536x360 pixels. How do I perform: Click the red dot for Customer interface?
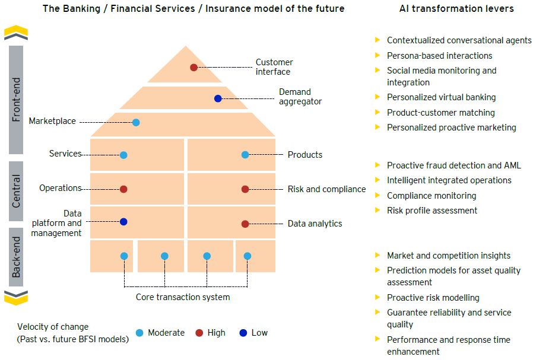pos(194,68)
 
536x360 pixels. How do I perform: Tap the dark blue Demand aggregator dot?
pos(218,98)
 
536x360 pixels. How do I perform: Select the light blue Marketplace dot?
pos(136,123)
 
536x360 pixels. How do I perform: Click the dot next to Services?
pos(123,155)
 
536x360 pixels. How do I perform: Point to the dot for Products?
pos(245,155)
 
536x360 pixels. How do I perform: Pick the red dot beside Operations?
pos(123,189)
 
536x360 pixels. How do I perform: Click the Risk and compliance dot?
pos(245,189)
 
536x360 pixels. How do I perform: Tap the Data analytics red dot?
pos(245,224)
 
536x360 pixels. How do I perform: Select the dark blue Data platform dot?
pos(123,222)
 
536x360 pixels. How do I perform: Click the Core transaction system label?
pos(183,297)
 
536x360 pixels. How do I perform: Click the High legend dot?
pos(200,333)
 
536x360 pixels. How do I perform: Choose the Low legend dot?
pos(243,333)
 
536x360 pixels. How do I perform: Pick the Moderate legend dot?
pos(139,333)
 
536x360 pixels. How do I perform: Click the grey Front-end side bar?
pos(17,99)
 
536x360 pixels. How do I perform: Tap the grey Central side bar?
pos(17,191)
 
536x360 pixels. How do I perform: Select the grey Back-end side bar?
pos(17,257)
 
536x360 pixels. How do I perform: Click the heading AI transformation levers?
pos(457,9)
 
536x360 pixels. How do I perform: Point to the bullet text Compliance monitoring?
pos(432,196)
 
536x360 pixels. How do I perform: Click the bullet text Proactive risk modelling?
pos(433,298)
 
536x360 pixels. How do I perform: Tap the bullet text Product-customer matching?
pos(440,113)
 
